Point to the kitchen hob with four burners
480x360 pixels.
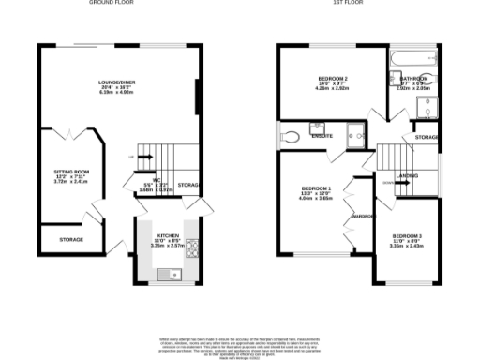tap(193, 249)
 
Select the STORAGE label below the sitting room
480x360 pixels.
tap(72, 240)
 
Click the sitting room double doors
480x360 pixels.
tap(71, 137)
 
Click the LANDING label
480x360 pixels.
tap(407, 175)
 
